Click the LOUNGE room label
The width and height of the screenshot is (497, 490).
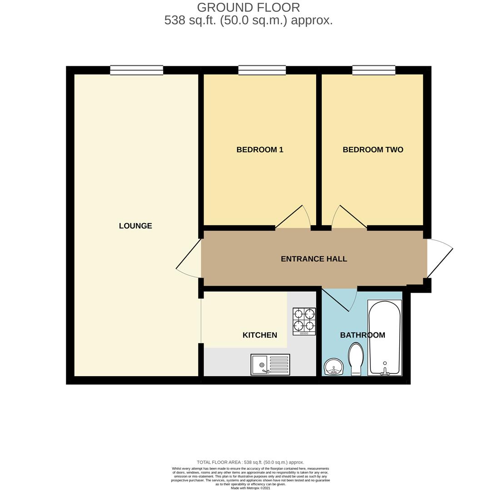tap(135, 226)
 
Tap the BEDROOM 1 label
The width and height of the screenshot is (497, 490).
tap(260, 150)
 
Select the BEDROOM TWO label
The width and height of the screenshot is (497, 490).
tap(373, 150)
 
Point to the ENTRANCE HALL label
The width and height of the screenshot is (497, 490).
tap(313, 259)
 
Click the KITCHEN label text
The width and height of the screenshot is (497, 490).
tap(259, 335)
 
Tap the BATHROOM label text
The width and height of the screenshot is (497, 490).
tap(363, 335)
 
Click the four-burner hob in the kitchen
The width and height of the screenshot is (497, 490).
tap(304, 321)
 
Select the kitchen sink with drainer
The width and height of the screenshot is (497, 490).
tap(270, 364)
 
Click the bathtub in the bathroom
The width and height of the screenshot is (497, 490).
tap(384, 338)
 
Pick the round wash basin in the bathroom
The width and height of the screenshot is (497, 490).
tap(334, 367)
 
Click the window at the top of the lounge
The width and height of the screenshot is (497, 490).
tap(136, 70)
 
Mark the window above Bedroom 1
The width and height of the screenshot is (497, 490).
tap(262, 70)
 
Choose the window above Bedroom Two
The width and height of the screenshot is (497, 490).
tap(373, 70)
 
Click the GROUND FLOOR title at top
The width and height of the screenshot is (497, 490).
tap(248, 8)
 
